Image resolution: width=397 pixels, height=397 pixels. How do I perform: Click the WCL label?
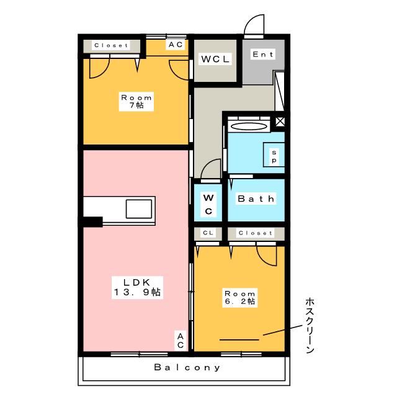tap(215, 60)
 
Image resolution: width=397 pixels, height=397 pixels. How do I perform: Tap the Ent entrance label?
tap(262, 55)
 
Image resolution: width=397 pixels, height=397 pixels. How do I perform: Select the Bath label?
tap(256, 199)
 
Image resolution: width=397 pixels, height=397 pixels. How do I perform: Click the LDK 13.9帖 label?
tap(137, 286)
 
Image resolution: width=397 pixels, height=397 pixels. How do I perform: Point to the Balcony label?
tap(187, 367)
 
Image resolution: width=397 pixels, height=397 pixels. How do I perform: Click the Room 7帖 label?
tap(136, 102)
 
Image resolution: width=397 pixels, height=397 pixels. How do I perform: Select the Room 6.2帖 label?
tap(239, 297)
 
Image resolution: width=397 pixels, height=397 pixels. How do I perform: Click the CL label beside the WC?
tap(208, 233)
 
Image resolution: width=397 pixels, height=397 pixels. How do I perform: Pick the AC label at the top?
tap(175, 45)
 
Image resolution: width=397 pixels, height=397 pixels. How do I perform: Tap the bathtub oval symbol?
tap(249, 126)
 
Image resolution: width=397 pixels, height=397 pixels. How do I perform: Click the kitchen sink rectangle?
tap(140, 209)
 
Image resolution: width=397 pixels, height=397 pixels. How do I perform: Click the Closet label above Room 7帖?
tap(111, 45)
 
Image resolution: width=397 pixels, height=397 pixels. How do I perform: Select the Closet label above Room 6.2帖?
tap(255, 233)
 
